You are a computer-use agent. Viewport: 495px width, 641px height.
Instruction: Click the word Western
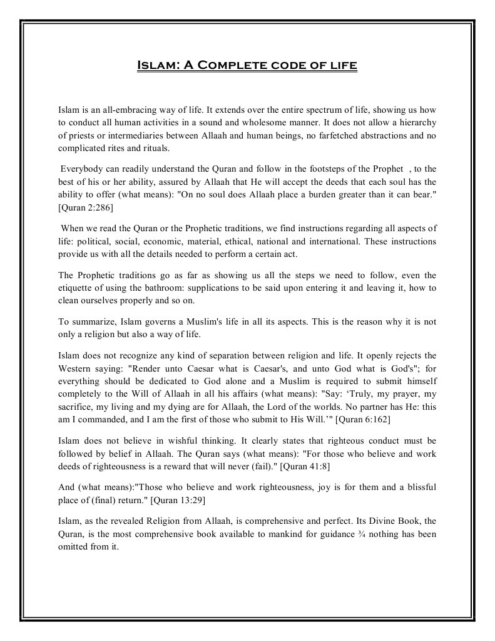[77, 368]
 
